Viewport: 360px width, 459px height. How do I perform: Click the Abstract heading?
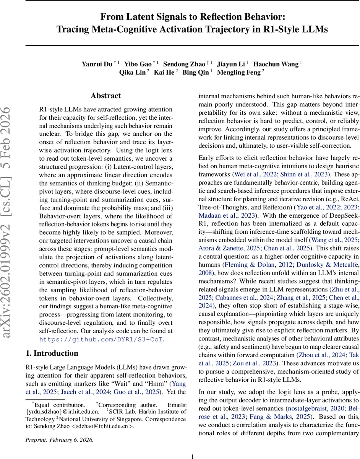[x=105, y=96]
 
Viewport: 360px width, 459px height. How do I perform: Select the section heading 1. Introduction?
[x=52, y=353]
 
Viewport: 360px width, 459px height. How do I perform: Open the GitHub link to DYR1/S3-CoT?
[x=101, y=339]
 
